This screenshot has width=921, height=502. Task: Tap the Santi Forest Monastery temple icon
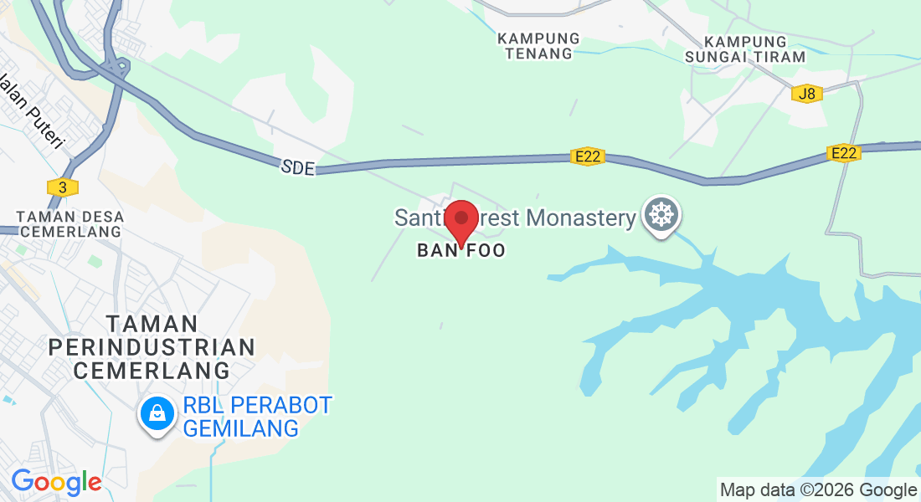point(661,216)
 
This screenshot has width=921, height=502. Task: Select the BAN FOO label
point(461,251)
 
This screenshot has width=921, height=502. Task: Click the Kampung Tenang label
point(538,46)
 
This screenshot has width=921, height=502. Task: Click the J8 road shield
point(807,94)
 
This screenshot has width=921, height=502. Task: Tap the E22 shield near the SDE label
point(589,156)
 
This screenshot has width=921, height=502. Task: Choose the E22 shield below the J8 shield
point(843,153)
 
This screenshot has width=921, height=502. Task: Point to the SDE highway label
point(298,168)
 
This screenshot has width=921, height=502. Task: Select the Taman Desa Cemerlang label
point(71,224)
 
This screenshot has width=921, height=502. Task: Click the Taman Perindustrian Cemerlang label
point(152,346)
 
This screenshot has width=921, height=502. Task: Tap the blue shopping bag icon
point(157,412)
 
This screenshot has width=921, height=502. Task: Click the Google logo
point(56,483)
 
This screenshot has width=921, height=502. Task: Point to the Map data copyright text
point(819,490)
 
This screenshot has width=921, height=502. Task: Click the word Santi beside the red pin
point(417,218)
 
